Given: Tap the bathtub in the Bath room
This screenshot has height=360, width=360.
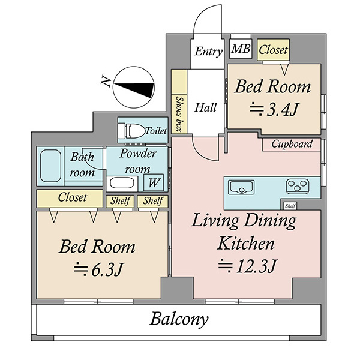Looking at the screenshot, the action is (x=50, y=166).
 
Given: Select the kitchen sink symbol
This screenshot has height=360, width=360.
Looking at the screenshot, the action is (x=241, y=187).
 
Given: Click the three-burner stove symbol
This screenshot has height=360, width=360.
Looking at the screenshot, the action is (x=298, y=186).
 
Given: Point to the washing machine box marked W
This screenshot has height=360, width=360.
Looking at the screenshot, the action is (x=154, y=182).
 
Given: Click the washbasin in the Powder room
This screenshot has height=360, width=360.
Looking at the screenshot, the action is (x=122, y=183).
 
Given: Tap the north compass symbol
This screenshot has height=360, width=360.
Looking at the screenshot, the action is (x=133, y=87).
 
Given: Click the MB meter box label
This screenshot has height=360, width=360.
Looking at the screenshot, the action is (x=241, y=49).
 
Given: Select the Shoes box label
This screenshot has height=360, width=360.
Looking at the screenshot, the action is (x=179, y=114).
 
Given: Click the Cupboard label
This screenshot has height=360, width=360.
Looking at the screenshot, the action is (x=292, y=144).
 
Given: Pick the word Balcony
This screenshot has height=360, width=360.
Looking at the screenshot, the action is (x=179, y=319).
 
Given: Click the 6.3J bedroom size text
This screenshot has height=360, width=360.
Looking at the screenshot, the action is (x=99, y=269).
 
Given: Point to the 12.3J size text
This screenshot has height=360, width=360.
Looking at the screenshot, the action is (x=248, y=266).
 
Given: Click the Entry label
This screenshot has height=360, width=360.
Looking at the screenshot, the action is (x=208, y=52).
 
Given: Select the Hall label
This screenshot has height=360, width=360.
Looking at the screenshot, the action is (x=205, y=107).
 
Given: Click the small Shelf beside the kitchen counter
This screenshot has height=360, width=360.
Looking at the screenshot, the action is (x=290, y=206).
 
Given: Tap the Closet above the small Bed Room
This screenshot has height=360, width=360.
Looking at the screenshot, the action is (x=273, y=50).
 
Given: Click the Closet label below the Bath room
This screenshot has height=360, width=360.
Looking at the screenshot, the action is (x=73, y=197).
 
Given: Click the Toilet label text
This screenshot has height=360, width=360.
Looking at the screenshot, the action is (x=156, y=131).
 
